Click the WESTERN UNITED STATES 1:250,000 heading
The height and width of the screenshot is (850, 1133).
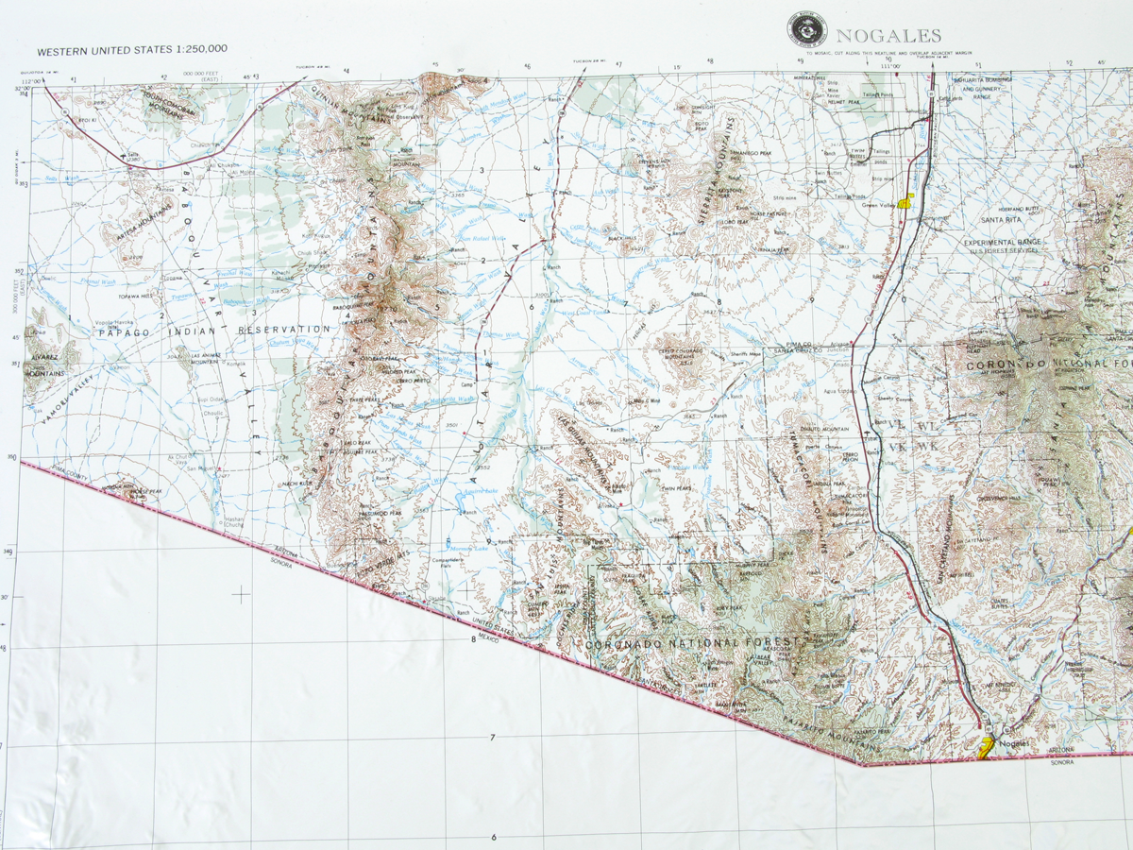coord(131,49)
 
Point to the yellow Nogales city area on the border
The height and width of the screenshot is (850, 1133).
coord(985,749)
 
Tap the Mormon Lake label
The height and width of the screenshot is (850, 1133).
coord(466,549)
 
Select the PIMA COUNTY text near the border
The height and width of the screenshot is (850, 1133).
coord(68,480)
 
